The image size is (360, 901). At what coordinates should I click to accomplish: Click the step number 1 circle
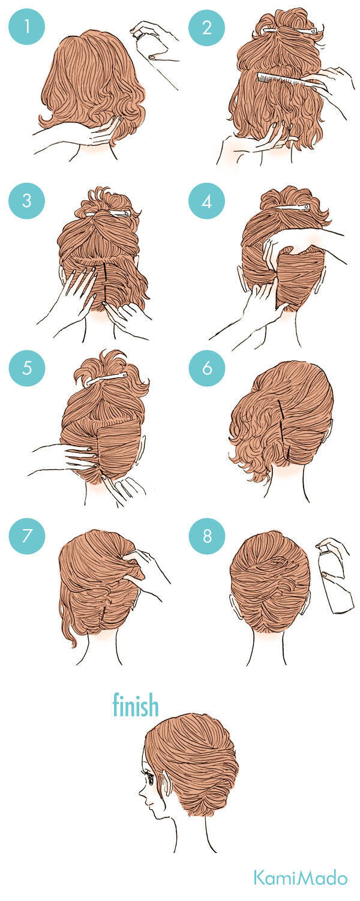(27, 27)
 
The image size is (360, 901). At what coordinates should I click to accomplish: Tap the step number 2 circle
(207, 27)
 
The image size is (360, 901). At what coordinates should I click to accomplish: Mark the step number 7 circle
(27, 536)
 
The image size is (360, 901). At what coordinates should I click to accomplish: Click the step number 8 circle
(207, 536)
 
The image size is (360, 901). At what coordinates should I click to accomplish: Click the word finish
(136, 705)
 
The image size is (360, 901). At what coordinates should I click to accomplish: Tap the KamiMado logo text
(300, 878)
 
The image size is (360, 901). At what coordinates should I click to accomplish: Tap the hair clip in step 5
(106, 379)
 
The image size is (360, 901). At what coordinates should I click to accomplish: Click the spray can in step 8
(335, 577)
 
